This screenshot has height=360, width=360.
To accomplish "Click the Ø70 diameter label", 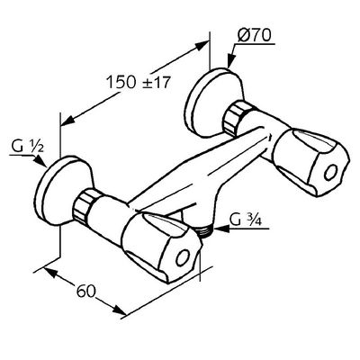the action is [x=255, y=36].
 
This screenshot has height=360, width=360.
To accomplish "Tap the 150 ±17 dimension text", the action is [x=139, y=82].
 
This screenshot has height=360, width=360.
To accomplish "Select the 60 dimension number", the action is [x=85, y=291].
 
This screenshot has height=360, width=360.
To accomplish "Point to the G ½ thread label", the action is [x=28, y=148].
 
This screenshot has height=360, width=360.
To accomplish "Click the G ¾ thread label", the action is [x=246, y=220].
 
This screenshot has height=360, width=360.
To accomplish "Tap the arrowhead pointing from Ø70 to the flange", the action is [x=231, y=61].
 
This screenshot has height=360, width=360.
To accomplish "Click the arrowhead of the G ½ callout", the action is [x=40, y=162].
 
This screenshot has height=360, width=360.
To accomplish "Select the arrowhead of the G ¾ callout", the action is [x=220, y=229].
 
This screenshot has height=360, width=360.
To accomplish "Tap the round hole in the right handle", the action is [x=331, y=173].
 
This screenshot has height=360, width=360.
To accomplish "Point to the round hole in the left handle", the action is [x=183, y=257].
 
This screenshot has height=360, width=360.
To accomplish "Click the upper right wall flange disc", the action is [x=213, y=102].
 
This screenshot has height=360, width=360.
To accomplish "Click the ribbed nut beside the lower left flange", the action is [x=85, y=205].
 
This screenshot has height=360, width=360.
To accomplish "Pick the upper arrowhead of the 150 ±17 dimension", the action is [x=201, y=47].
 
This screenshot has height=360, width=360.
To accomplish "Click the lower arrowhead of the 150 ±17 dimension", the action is [x=68, y=120].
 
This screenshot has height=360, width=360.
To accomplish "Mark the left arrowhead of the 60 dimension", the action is [x=50, y=272].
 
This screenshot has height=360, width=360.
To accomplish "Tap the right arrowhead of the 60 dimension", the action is [x=119, y=310].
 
